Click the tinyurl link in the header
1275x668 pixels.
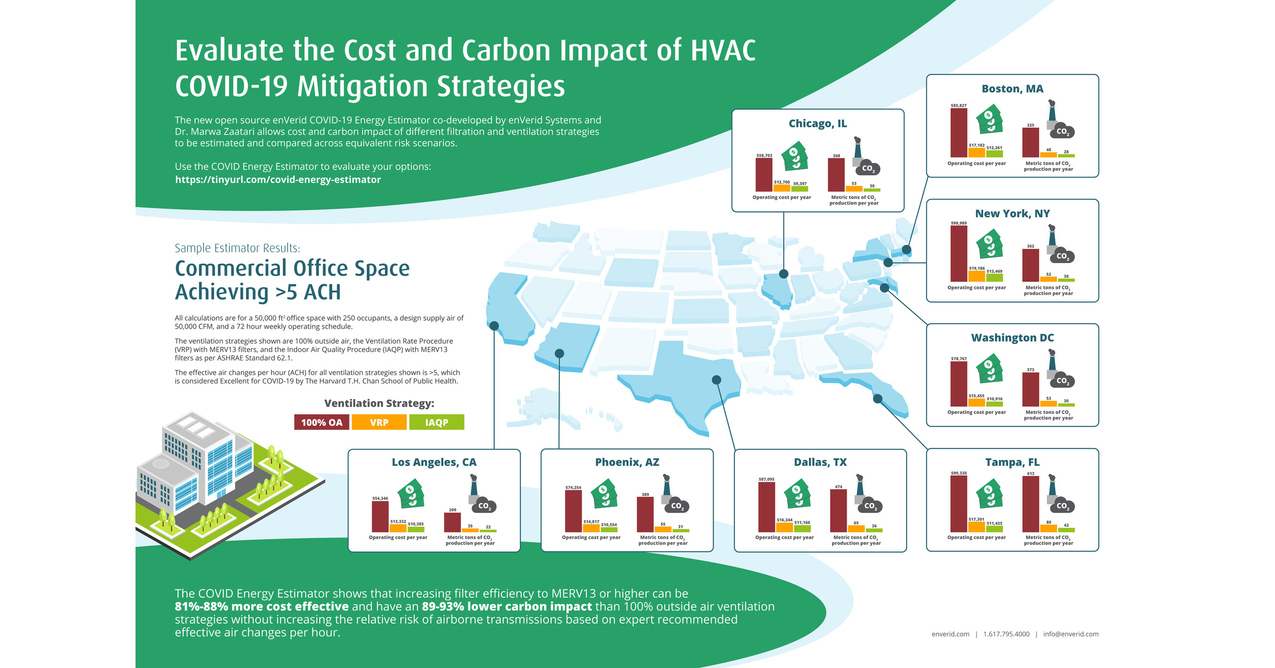278,180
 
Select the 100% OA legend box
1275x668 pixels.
322,422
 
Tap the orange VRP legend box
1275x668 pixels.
379,422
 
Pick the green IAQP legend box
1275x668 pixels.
436,422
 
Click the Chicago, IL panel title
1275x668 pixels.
818,123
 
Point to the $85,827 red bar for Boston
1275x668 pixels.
959,133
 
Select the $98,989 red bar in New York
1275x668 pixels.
959,254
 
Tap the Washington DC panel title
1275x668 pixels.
1012,338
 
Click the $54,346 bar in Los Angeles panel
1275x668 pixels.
380,516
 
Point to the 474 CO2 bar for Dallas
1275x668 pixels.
839,511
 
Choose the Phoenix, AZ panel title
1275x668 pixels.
627,462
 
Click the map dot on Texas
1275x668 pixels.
716,380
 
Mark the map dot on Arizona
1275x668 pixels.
559,353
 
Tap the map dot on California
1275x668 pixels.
494,325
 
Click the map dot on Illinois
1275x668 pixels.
783,274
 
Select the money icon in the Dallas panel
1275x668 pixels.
798,493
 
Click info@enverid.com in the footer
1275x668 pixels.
1071,634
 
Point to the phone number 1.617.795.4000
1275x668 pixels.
1006,634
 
